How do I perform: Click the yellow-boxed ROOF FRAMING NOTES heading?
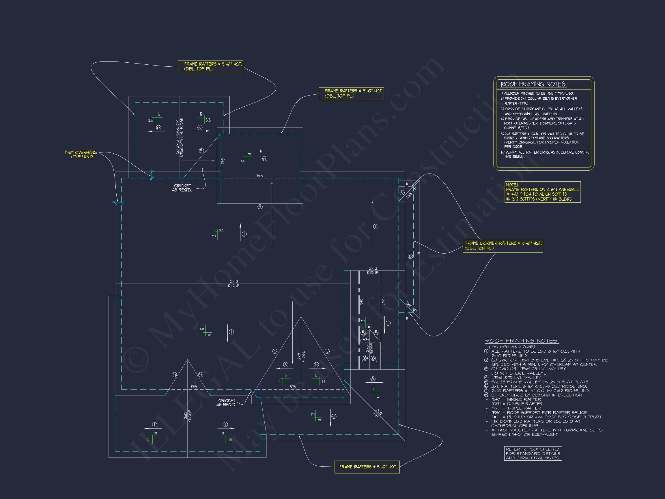[533, 85]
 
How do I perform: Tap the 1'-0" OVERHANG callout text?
[81, 154]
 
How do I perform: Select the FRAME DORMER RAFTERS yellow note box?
[503, 246]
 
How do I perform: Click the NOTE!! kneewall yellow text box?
[542, 192]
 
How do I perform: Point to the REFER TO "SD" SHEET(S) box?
[533, 454]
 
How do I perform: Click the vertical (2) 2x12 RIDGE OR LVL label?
[180, 137]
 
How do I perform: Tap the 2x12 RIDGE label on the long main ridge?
[234, 284]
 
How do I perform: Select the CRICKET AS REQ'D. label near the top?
[182, 188]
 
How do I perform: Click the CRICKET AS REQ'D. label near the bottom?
[226, 403]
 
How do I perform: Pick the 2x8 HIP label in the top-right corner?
[411, 193]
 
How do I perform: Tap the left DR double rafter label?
[361, 302]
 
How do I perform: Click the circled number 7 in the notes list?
[486, 391]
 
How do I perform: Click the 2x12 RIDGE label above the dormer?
[373, 270]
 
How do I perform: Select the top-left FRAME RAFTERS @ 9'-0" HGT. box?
[210, 66]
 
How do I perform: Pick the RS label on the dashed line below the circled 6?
[260, 175]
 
